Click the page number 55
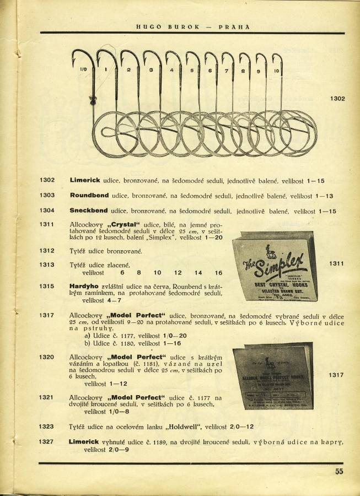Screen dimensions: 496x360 338,471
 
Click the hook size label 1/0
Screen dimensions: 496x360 84,69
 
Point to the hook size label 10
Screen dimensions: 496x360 276,71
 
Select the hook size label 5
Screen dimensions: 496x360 192,71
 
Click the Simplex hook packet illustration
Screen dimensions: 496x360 275,266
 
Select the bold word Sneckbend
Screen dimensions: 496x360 89,211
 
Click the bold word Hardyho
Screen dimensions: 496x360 83,287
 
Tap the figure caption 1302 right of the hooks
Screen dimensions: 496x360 337,99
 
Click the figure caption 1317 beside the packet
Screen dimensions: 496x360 336,375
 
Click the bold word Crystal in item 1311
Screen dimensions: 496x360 122,225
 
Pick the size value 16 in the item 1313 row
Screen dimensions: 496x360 218,273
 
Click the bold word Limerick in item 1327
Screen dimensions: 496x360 84,441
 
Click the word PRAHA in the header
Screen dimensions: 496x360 234,26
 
